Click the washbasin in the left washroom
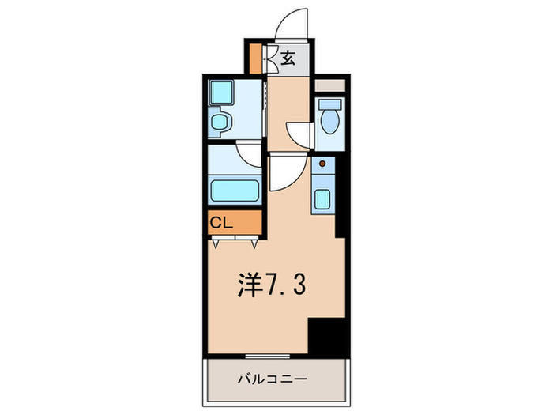coord(221,123)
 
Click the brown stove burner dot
coord(322,164)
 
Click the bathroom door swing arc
coord(247,153)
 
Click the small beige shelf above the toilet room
coord(329,84)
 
